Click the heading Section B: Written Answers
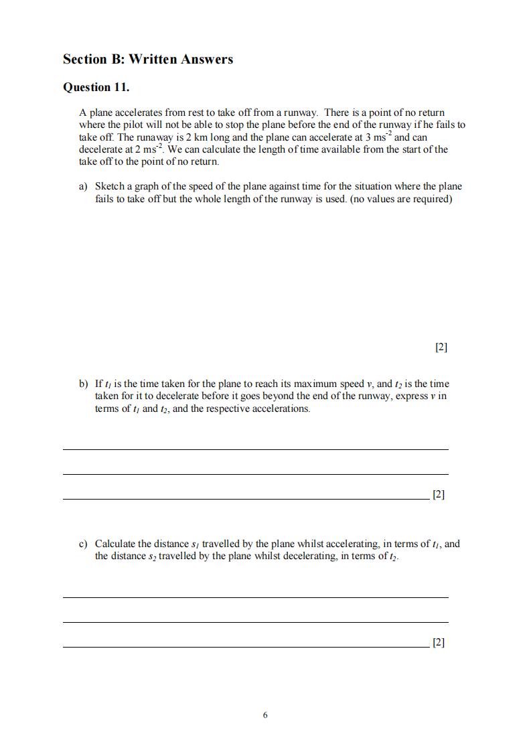pyautogui.click(x=148, y=59)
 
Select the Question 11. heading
pyautogui.click(x=96, y=87)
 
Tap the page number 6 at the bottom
pyautogui.click(x=265, y=715)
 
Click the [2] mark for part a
pyautogui.click(x=441, y=347)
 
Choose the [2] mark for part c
pyautogui.click(x=439, y=642)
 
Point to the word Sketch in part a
pyautogui.click(x=110, y=186)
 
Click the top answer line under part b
pyautogui.click(x=255, y=449)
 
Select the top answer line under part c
pyautogui.click(x=255, y=597)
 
